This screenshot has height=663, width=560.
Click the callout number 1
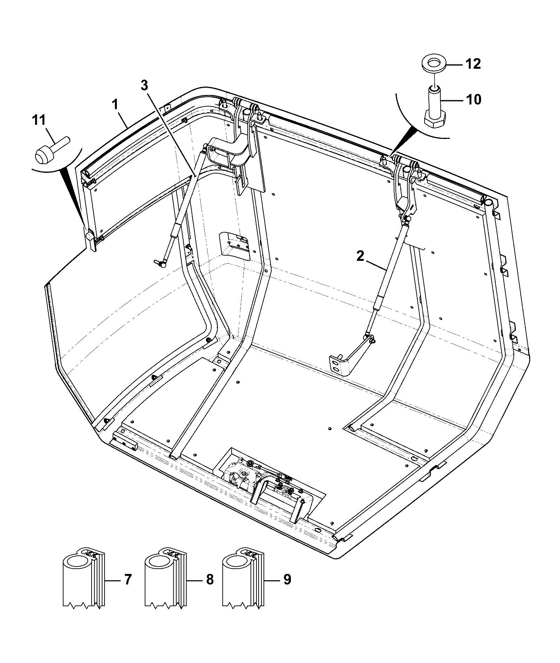point(115,104)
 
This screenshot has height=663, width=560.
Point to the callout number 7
point(128,580)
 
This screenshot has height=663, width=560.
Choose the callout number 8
point(209,580)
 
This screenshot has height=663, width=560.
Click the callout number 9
point(287,580)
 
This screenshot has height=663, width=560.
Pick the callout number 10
point(473,100)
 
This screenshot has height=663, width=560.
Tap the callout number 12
point(473,64)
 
